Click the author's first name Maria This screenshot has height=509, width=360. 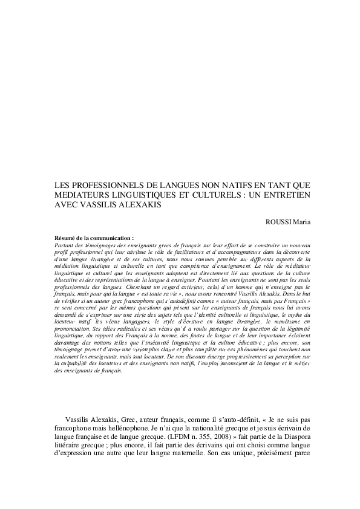302,221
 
